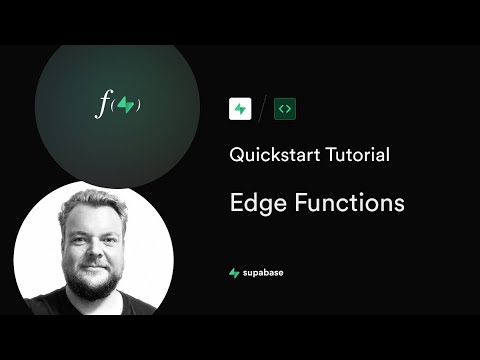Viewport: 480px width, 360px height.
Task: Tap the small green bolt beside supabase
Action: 234,272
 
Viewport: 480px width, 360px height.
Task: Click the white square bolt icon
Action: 240,108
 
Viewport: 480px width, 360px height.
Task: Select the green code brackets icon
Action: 286,108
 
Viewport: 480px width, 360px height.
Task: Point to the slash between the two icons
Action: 263,108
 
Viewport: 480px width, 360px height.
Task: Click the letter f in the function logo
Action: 100,104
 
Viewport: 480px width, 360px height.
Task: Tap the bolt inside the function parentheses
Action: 124,105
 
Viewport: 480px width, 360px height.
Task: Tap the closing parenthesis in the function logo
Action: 137,105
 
